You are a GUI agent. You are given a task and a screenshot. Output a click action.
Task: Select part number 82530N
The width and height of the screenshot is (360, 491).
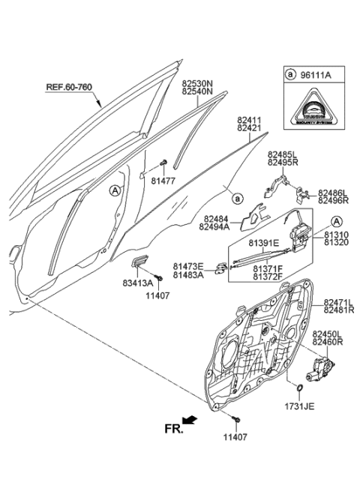tap(197, 84)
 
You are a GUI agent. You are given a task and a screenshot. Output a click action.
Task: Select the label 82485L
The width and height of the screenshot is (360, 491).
tap(282, 153)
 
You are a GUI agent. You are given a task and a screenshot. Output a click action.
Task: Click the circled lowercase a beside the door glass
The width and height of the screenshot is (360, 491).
tap(236, 199)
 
